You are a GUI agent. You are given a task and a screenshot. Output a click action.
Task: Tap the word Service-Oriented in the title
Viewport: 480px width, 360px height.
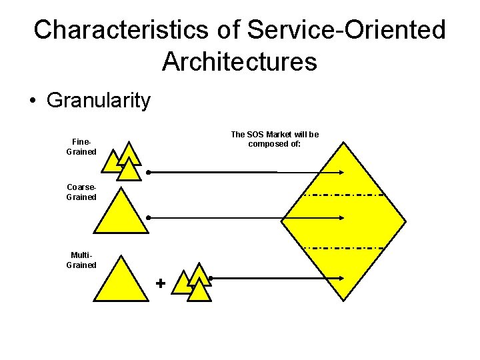pos(346,30)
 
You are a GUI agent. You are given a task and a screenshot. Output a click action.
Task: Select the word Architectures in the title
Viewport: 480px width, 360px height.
pos(239,62)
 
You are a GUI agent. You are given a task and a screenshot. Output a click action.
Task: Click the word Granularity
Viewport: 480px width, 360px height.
pos(99,101)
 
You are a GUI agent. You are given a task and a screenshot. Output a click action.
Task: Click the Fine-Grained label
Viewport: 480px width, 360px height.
pos(81,147)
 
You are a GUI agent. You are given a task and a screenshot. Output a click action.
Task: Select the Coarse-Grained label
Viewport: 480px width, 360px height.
pos(81,192)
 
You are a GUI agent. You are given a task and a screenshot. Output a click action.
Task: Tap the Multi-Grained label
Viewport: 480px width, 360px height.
pos(81,260)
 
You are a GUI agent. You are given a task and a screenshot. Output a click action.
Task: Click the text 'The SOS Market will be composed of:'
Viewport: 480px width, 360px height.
pos(275,139)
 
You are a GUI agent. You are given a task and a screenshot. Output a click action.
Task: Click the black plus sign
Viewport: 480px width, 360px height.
pos(160,283)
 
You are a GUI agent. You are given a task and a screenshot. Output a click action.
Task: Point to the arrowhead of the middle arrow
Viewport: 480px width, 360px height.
pos(341,217)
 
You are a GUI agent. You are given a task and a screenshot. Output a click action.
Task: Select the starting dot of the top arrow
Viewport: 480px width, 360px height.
pos(148,172)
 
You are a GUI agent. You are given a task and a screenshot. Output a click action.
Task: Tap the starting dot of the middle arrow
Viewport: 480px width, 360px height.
pos(148,217)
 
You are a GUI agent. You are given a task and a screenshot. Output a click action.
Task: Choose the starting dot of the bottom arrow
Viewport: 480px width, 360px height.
pos(210,278)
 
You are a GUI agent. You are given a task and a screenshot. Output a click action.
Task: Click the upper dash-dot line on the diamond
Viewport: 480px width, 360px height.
pos(343,195)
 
